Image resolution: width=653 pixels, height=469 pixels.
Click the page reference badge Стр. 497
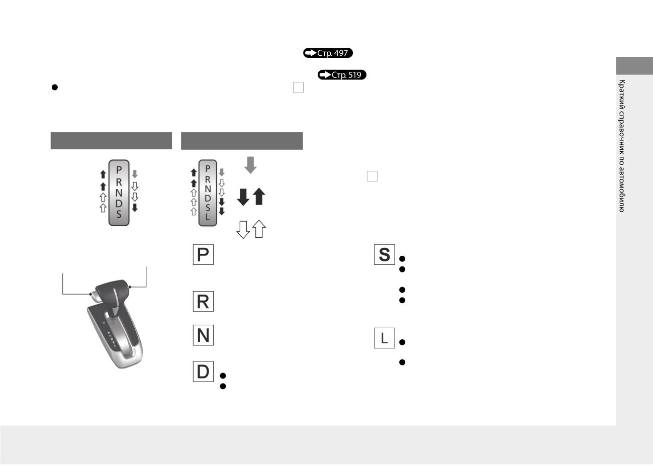pyautogui.click(x=328, y=53)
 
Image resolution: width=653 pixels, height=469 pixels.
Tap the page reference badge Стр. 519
pyautogui.click(x=342, y=75)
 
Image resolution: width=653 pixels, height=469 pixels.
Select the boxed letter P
pyautogui.click(x=203, y=254)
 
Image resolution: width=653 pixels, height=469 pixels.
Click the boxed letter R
pyautogui.click(x=203, y=302)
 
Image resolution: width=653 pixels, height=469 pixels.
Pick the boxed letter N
pyautogui.click(x=203, y=335)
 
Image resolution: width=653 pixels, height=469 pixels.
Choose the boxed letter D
pyautogui.click(x=203, y=371)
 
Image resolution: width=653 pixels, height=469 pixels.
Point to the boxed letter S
pyautogui.click(x=385, y=254)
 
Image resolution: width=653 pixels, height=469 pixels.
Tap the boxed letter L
pyautogui.click(x=385, y=338)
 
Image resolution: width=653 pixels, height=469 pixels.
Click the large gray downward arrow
pyautogui.click(x=250, y=165)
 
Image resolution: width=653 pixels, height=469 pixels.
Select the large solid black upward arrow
pyautogui.click(x=259, y=197)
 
